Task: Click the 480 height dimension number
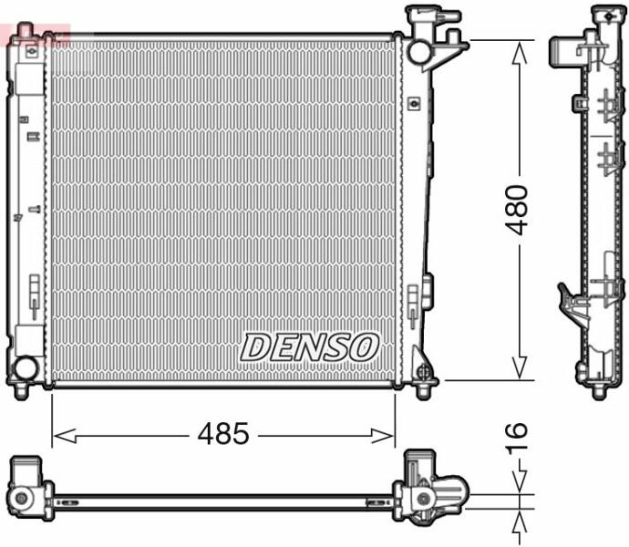click(x=516, y=210)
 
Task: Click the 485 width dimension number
click(x=223, y=434)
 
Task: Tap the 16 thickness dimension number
click(x=516, y=439)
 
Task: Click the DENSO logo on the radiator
click(x=309, y=347)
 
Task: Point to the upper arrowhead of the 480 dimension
click(x=520, y=53)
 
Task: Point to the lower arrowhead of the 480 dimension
click(x=520, y=367)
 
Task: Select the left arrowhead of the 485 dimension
click(x=65, y=436)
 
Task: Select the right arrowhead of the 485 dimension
click(x=382, y=436)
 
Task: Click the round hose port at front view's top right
click(x=419, y=51)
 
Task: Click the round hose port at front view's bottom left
click(x=26, y=367)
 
